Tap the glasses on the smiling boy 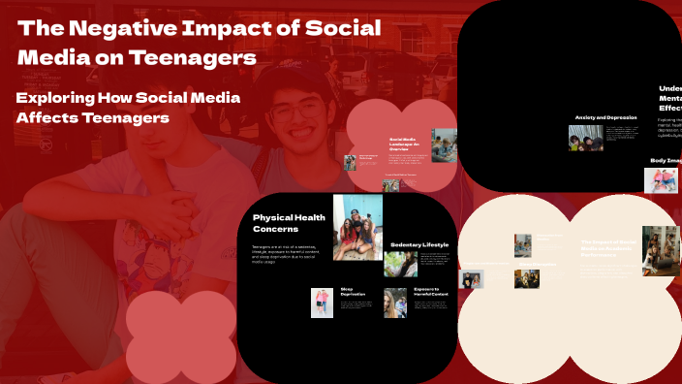(x=293, y=111)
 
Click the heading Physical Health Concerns (x=284, y=223)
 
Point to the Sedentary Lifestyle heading (x=418, y=245)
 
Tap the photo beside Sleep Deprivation (x=322, y=303)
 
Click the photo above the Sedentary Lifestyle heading (x=357, y=227)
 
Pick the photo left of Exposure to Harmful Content (x=394, y=303)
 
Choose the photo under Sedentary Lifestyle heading (x=400, y=264)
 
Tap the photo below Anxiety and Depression (x=585, y=138)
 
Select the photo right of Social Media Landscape (x=444, y=144)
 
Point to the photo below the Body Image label (x=661, y=180)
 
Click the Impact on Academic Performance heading (x=609, y=246)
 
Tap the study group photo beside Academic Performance (x=660, y=251)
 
